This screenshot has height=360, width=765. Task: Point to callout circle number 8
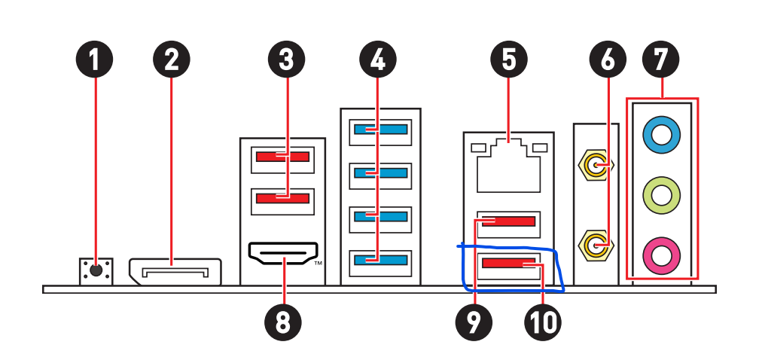click(x=282, y=322)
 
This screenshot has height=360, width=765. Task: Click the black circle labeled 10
click(x=542, y=322)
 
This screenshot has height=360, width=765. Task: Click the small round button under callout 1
click(x=96, y=270)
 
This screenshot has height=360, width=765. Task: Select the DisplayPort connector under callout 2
click(x=175, y=271)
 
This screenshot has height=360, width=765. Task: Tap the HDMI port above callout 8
click(x=283, y=255)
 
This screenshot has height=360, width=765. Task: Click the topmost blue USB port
click(x=379, y=130)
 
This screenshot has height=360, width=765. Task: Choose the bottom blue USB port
click(x=379, y=260)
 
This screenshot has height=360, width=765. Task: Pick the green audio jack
click(x=661, y=196)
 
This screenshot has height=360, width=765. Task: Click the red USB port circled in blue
click(x=509, y=264)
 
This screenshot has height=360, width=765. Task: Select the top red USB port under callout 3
click(x=282, y=157)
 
